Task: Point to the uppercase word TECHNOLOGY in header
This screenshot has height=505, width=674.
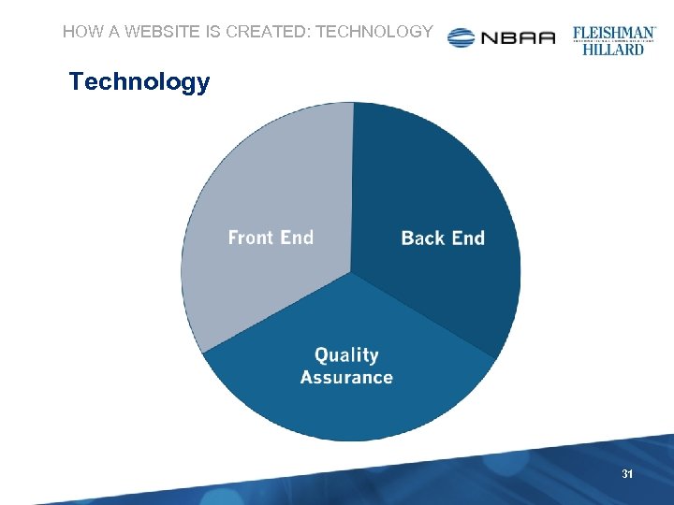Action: click(374, 32)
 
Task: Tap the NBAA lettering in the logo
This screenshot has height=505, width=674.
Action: click(518, 38)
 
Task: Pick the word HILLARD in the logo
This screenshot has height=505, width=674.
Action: click(614, 49)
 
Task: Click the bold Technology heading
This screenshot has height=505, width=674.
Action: click(139, 82)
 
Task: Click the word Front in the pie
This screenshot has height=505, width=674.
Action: click(251, 238)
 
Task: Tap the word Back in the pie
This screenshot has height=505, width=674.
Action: click(421, 238)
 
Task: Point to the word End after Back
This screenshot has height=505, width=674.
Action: click(467, 238)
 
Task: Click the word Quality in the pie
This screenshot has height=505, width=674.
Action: click(346, 355)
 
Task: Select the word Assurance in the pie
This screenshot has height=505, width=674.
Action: click(346, 378)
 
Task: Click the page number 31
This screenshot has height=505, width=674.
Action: click(627, 475)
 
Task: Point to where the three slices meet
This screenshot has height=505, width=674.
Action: click(351, 272)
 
